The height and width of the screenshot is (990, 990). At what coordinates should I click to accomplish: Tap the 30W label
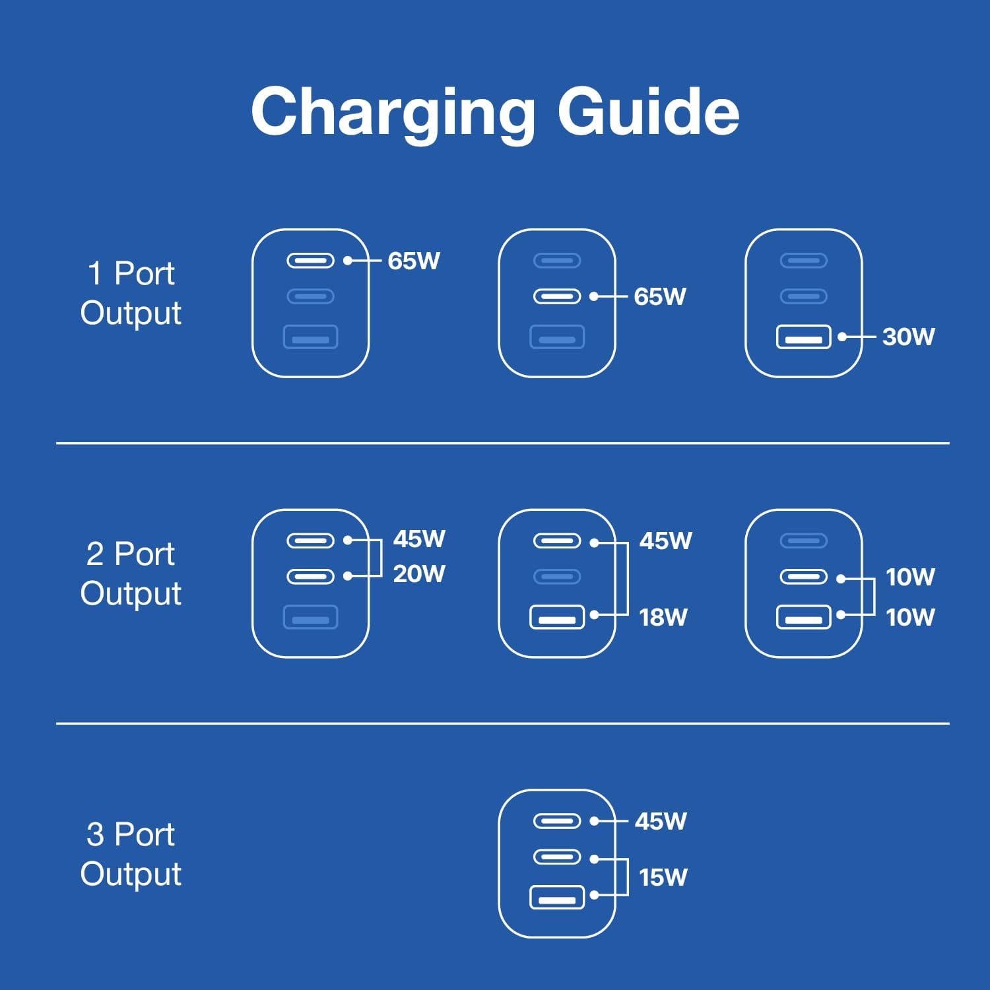(908, 337)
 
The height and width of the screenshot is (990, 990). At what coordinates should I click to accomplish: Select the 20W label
(419, 574)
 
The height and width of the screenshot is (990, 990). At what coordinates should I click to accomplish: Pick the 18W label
(663, 617)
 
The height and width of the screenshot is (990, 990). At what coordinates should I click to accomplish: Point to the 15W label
(663, 877)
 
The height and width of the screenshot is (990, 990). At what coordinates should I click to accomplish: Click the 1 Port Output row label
(131, 292)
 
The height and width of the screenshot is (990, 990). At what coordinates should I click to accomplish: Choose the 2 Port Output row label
(131, 573)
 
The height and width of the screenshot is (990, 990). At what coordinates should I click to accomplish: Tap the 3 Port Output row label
(131, 853)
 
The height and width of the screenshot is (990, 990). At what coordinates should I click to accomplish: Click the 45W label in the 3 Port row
(661, 821)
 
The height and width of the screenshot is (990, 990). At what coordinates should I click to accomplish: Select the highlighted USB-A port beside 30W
(803, 337)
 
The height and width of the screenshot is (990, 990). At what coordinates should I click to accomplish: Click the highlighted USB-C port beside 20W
(310, 576)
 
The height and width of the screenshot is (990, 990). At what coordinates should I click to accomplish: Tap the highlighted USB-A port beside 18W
(557, 617)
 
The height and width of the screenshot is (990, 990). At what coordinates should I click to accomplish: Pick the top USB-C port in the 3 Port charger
(557, 821)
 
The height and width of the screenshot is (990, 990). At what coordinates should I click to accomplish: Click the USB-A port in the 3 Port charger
(557, 898)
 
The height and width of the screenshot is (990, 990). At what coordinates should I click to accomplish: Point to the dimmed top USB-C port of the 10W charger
(803, 541)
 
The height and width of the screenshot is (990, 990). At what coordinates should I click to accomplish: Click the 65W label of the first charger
(414, 261)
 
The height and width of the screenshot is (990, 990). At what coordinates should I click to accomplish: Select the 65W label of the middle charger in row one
(660, 296)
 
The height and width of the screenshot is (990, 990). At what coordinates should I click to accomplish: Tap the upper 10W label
(910, 577)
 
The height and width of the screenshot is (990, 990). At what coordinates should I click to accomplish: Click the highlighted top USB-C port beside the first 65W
(310, 261)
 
